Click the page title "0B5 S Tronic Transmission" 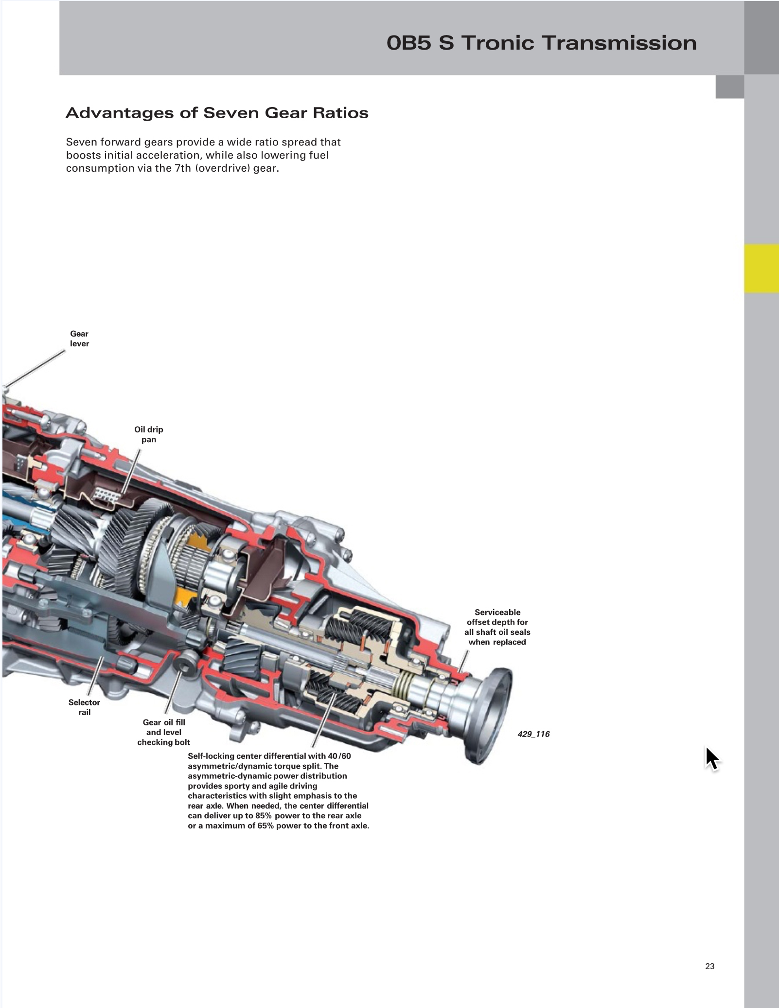coord(541,43)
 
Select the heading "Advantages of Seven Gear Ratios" coord(217,113)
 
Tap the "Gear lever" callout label coord(79,339)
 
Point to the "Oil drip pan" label coord(149,434)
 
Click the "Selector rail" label coord(84,707)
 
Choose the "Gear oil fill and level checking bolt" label coord(164,732)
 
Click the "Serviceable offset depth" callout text coord(497,627)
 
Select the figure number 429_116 coord(533,734)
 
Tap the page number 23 coord(709,966)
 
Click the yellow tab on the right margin coord(761,269)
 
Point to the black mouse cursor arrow coord(711,758)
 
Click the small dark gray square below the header coord(729,87)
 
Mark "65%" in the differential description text coord(264,826)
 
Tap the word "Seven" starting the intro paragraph coord(81,142)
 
